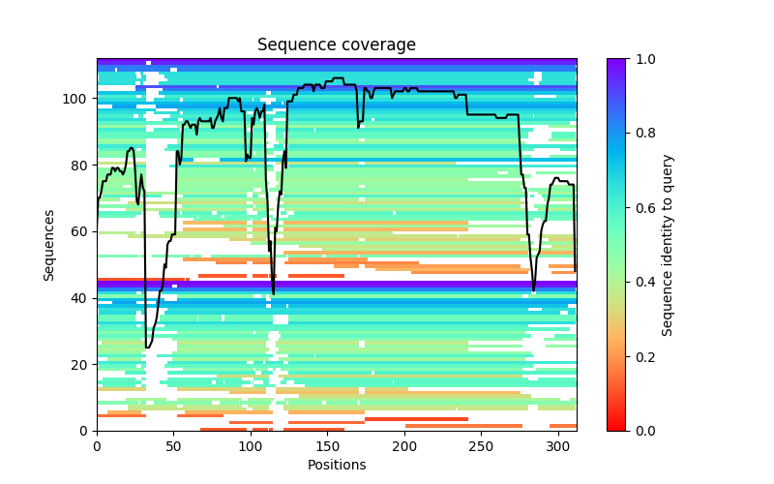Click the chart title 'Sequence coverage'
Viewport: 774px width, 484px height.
click(x=337, y=45)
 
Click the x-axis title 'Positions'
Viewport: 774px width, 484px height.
click(x=337, y=465)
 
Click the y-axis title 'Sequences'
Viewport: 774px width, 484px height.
click(x=49, y=244)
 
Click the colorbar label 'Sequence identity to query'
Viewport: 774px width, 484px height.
click(x=668, y=244)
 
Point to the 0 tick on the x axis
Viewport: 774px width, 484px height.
click(x=97, y=445)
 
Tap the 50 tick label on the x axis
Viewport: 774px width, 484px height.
click(x=173, y=445)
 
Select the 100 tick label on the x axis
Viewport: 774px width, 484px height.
click(x=251, y=445)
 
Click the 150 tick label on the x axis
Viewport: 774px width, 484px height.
click(x=327, y=445)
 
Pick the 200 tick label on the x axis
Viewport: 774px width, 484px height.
click(x=404, y=445)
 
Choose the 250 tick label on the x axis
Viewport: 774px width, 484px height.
click(x=481, y=445)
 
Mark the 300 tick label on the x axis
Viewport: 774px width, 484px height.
click(x=558, y=445)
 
